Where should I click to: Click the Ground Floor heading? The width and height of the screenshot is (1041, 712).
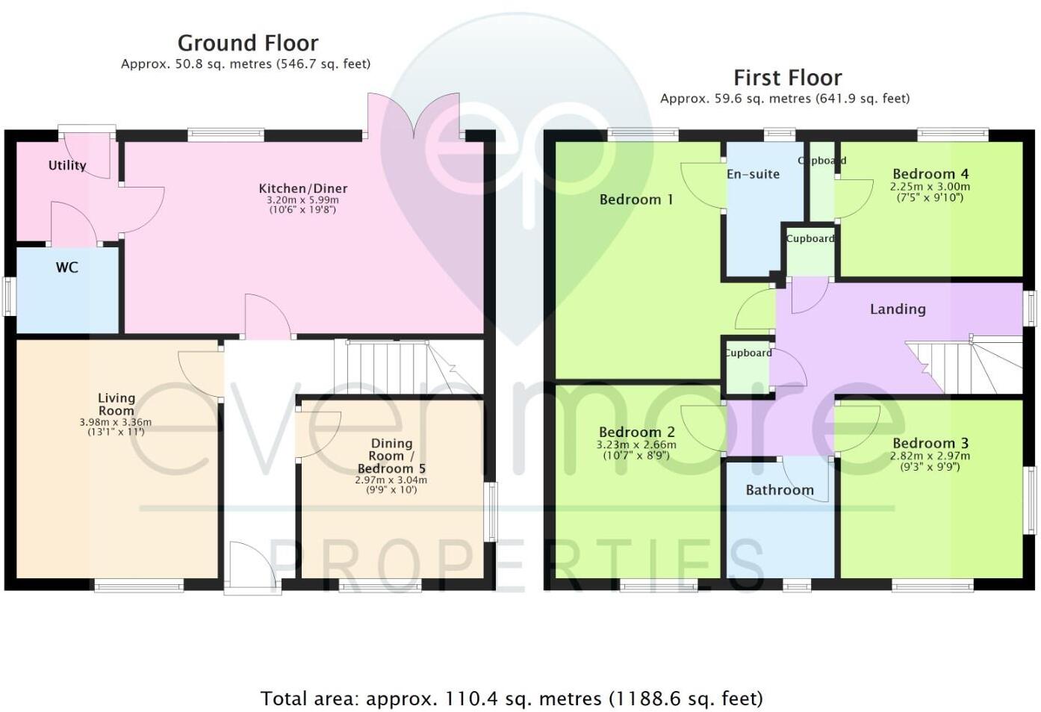[x=248, y=43]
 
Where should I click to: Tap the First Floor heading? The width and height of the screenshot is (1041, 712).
[x=787, y=78]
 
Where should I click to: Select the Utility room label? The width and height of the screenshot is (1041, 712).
[x=67, y=165]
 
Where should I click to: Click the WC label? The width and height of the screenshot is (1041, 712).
[x=67, y=267]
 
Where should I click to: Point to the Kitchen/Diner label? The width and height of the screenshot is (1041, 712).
[x=303, y=188]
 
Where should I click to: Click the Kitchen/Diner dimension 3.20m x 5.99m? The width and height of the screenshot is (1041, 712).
[x=302, y=200]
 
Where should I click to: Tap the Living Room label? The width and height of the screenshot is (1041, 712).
[x=116, y=404]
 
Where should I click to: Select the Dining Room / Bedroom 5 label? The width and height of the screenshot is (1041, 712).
[x=391, y=456]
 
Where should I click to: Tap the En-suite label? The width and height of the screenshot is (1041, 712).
[x=753, y=174]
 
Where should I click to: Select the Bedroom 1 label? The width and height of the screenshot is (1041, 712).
[x=636, y=199]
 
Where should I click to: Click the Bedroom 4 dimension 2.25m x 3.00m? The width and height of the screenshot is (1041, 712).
[x=930, y=187]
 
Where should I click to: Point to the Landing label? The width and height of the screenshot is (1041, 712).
[x=898, y=309]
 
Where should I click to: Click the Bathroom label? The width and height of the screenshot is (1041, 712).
[x=780, y=490]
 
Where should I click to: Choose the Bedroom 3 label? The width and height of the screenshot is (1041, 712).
[x=930, y=443]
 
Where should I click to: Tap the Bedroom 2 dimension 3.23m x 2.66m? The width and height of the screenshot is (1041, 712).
[x=636, y=445]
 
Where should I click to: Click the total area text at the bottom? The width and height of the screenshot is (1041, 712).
[x=512, y=699]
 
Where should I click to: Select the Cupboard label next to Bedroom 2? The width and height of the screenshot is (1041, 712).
[x=748, y=353]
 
